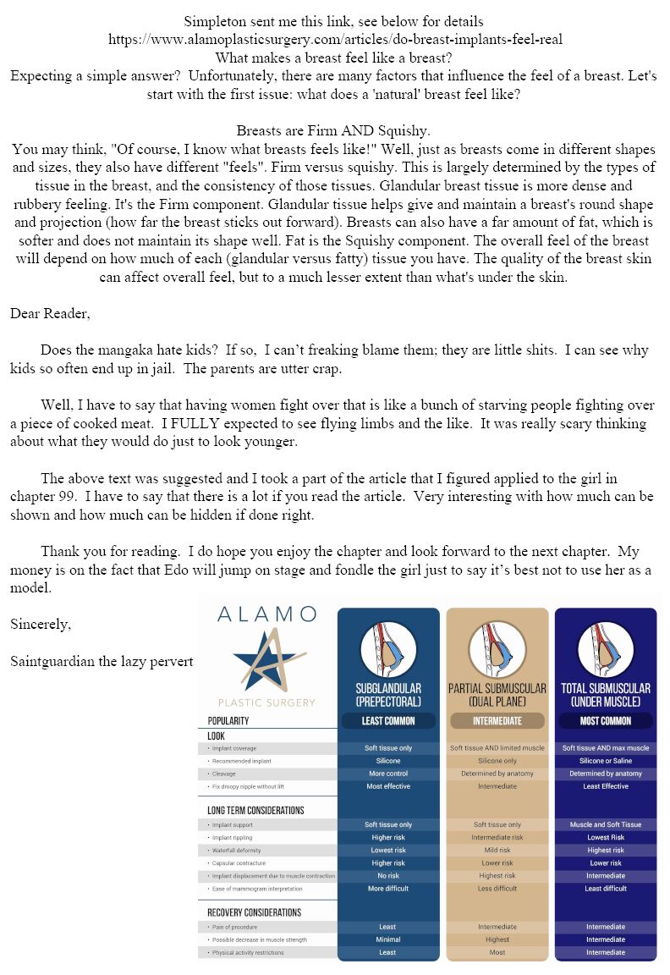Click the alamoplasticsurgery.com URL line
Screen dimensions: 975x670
point(335,39)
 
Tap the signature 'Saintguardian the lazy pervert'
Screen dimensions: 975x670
point(102,661)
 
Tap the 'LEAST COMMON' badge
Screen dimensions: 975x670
point(387,721)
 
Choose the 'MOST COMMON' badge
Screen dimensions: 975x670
point(605,721)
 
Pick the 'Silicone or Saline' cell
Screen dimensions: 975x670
point(605,761)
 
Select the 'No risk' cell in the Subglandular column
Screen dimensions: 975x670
point(387,876)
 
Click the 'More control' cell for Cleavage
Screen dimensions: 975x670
point(387,774)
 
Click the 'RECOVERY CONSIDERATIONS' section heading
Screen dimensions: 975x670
point(254,912)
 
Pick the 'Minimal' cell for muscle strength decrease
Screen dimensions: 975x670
point(387,939)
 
